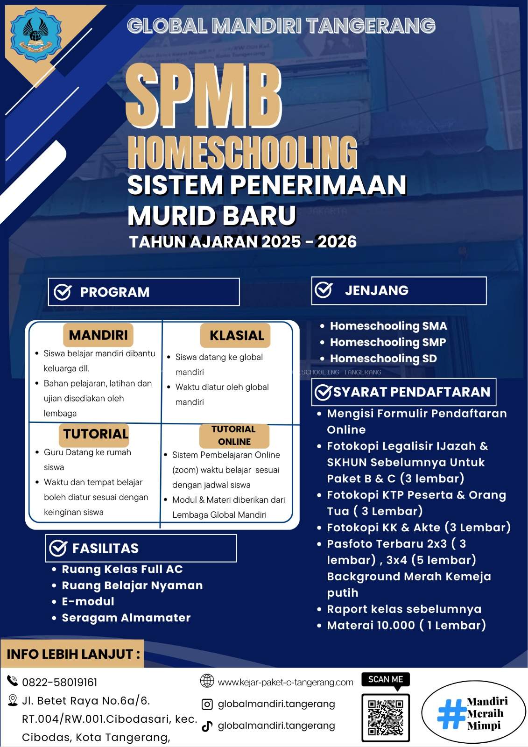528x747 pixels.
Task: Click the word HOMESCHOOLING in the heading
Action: (x=242, y=152)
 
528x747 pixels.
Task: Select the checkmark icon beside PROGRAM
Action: (x=63, y=292)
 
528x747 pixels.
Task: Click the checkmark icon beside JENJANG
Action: (x=324, y=290)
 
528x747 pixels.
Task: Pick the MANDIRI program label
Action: (x=98, y=335)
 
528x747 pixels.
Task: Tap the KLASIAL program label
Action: (x=236, y=335)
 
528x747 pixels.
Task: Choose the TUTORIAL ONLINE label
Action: (x=234, y=435)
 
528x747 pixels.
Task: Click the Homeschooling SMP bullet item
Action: (x=387, y=342)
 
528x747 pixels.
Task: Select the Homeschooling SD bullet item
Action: (x=383, y=359)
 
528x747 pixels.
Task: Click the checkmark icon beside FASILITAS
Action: (x=58, y=548)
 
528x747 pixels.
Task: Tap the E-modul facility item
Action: (x=88, y=601)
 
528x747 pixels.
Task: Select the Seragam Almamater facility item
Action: (x=126, y=618)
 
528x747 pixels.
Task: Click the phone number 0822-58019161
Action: (x=60, y=682)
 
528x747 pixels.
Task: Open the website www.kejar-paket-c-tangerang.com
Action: (x=285, y=682)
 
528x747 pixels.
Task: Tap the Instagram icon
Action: (x=207, y=704)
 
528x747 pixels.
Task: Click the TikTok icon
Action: (x=207, y=726)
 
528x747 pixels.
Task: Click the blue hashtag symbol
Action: (x=451, y=713)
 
